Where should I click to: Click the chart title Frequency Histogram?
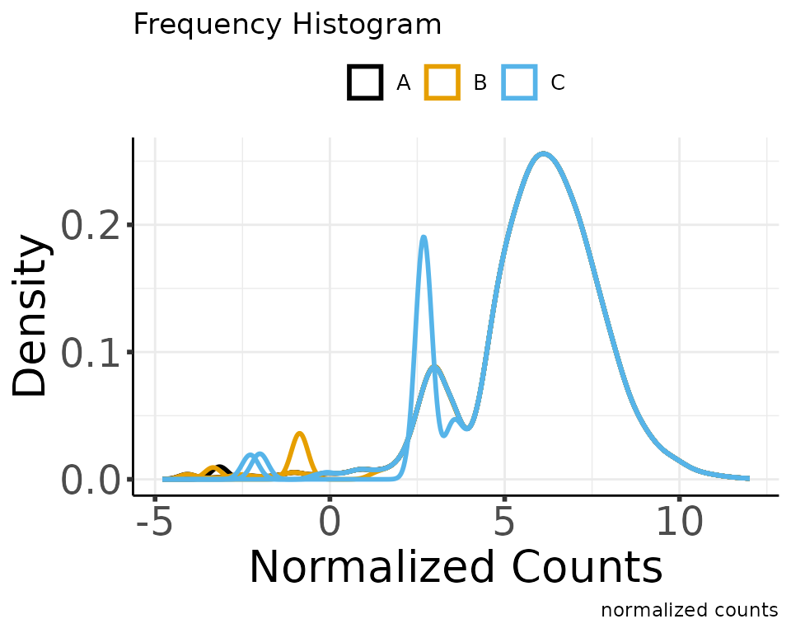pos(287,26)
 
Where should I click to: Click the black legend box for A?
pos(364,82)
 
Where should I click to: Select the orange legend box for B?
pos(442,82)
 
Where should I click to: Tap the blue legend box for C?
pos(519,82)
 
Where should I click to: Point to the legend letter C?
pos(558,82)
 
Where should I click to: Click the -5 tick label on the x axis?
pos(154,522)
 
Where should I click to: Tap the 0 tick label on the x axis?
pos(330,522)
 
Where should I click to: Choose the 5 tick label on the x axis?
pos(504,522)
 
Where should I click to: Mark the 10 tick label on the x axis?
pos(679,522)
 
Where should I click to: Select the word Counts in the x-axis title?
pos(587,568)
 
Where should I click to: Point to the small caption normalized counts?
pos(689,611)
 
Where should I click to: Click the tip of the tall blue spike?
pos(424,237)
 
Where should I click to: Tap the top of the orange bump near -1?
pos(300,434)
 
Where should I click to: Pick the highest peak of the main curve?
pos(543,154)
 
